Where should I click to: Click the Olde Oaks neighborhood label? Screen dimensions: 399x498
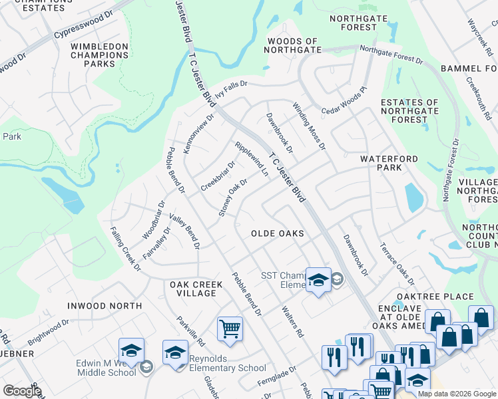point(277,234)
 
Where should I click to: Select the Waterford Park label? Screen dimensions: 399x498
point(389,164)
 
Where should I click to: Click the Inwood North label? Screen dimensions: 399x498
point(105,306)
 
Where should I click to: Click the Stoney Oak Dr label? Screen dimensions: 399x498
point(233,198)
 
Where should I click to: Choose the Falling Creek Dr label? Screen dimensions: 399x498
point(125,249)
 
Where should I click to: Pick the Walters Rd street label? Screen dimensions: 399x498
point(292,321)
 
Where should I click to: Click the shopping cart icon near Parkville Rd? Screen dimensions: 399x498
point(230,329)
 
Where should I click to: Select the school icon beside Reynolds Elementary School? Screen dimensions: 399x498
point(175,352)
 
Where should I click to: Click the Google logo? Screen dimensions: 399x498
point(23,391)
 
